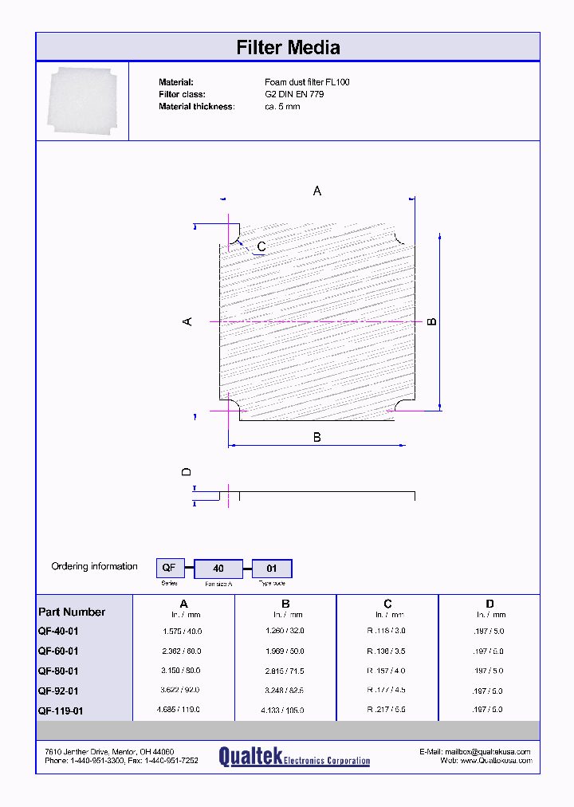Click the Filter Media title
click(288, 48)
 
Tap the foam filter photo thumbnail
click(82, 101)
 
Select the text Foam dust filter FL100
click(307, 82)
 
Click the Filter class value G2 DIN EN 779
click(294, 94)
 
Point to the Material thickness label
click(196, 106)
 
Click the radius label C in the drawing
click(261, 246)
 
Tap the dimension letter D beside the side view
click(187, 472)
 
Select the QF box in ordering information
click(170, 569)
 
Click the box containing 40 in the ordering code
click(218, 569)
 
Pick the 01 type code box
click(272, 569)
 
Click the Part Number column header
click(72, 612)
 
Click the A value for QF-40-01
click(183, 631)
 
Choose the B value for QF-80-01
click(285, 671)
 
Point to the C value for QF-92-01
click(387, 690)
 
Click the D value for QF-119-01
click(489, 710)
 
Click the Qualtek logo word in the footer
click(250, 756)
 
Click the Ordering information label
click(95, 566)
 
